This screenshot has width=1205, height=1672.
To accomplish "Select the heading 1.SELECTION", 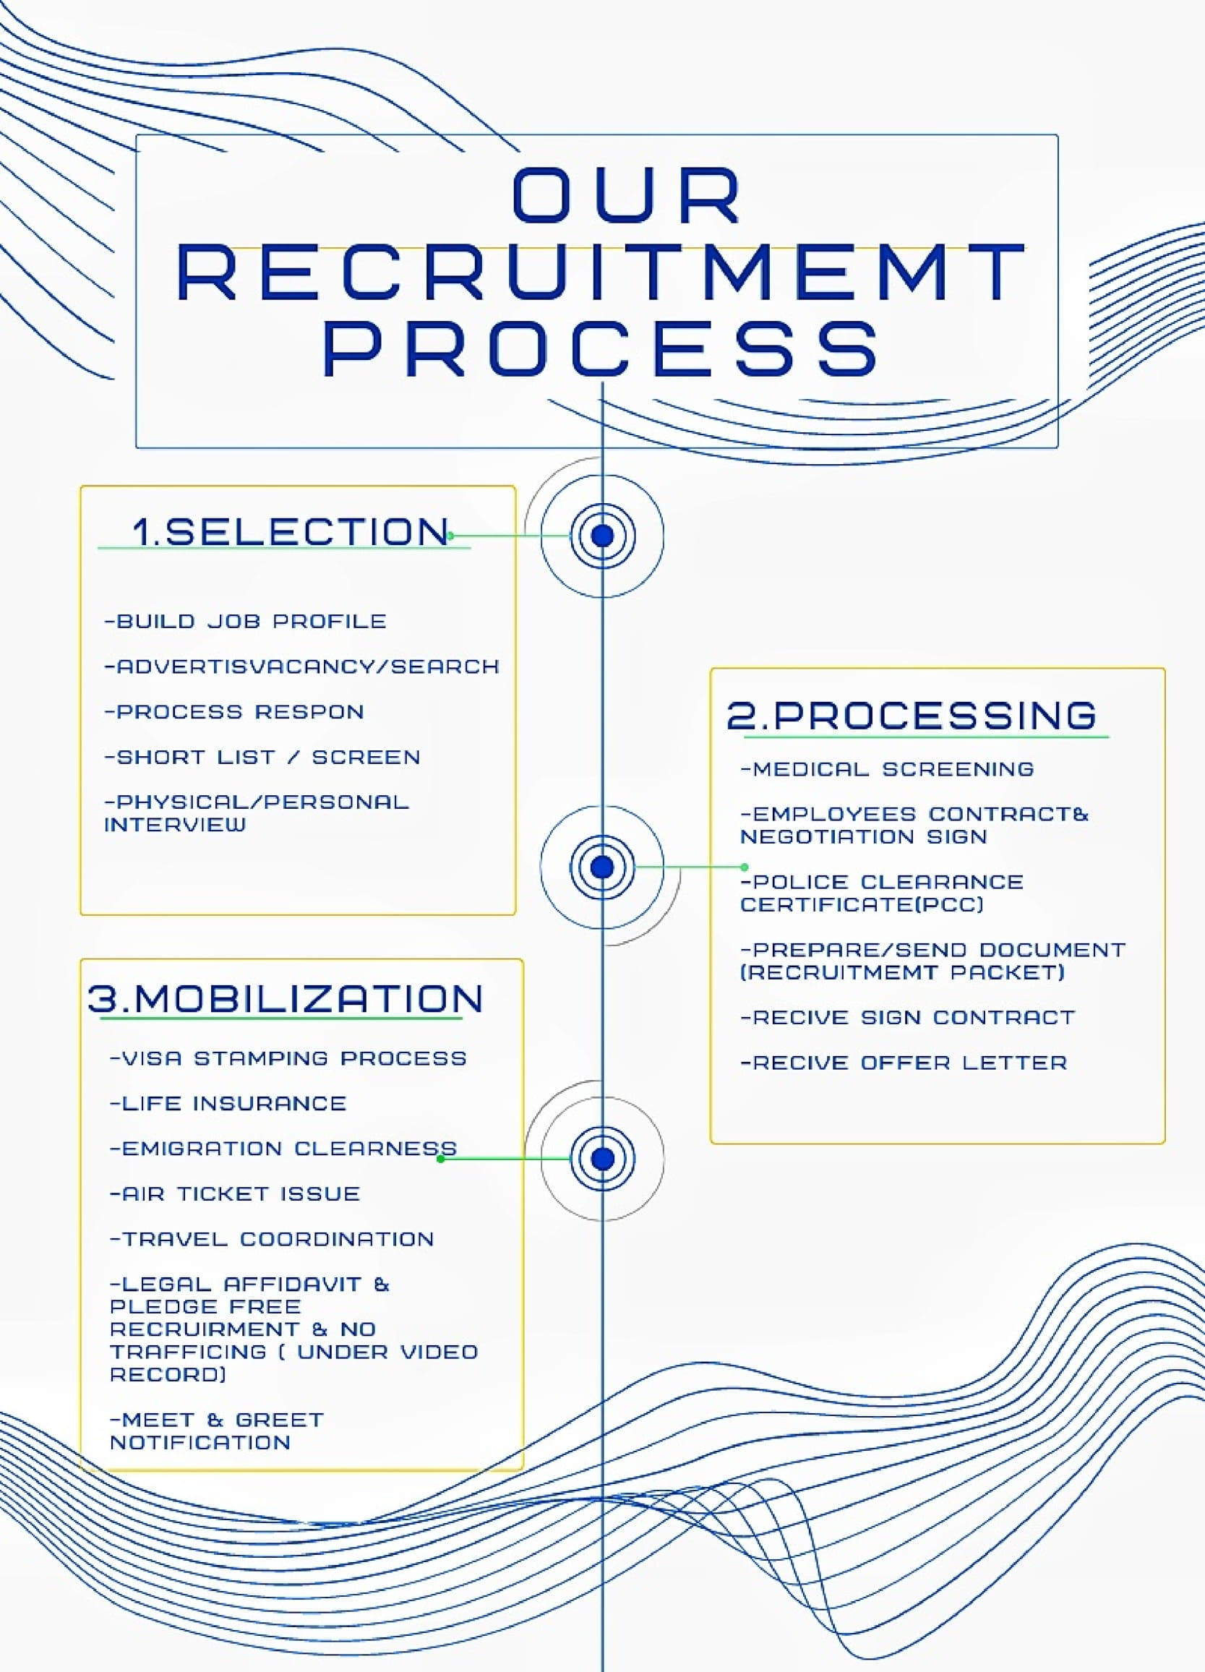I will pos(291,532).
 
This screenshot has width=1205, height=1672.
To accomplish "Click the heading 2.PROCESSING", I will pos(912,715).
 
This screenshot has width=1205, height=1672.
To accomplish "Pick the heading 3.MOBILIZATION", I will pos(286,999).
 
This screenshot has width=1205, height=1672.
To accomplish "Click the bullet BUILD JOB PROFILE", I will pos(246,622).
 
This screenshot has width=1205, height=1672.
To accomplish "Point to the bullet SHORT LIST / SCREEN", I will pos(262,757).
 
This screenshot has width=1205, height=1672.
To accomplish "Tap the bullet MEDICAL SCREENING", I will pos(888,769).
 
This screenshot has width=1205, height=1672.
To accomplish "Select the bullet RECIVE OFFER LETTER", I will pos(904,1063).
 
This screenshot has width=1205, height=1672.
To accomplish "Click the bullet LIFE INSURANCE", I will pos(228,1103).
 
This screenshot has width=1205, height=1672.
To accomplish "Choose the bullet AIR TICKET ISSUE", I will pos(234,1193).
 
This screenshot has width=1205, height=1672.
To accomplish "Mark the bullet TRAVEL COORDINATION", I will pos(271,1238).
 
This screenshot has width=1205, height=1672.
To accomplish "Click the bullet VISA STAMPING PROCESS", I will pos(288,1058).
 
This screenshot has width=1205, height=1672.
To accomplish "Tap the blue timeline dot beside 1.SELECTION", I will pos(602,536).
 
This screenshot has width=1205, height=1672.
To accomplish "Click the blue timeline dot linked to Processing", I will pos(602,867).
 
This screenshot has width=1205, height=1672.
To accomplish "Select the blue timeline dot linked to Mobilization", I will pos(602,1158).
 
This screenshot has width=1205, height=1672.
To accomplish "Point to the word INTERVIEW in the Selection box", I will pos(176,824).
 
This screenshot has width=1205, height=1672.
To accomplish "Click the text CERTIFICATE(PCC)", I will pos(862,904).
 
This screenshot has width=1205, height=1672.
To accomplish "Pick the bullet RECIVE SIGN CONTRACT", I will pos(908,1017).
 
